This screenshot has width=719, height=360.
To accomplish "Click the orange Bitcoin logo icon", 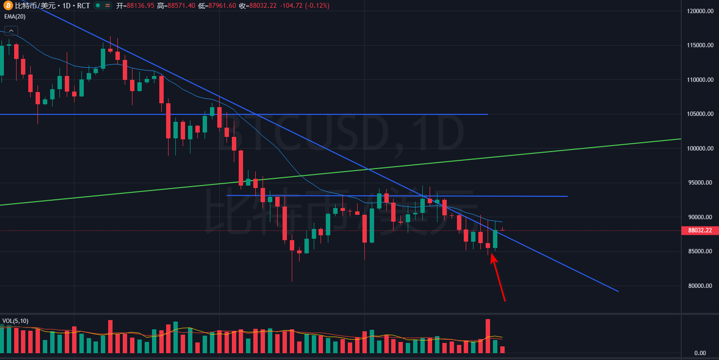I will coord(8,5).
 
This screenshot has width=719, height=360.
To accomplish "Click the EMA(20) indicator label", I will coord(15,17).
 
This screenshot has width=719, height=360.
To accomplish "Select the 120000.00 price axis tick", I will coord(699,11).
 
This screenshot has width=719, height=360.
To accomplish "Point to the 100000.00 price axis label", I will coord(699,149).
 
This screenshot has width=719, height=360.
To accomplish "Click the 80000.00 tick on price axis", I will coord(700,286).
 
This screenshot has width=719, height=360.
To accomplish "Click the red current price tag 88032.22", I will coord(700,230).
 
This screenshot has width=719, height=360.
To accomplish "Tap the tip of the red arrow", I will coord(492,254).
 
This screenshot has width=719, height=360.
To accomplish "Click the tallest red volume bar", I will coord(488,336).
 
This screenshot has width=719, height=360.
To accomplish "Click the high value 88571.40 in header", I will coord(181,5).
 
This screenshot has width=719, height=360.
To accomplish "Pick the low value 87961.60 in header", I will coord(222,5).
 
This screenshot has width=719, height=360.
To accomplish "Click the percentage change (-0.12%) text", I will coord(317,5).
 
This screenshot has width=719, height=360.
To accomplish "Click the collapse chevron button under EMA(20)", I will coord(11,31).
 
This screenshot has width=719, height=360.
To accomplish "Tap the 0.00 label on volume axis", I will coord(700,353).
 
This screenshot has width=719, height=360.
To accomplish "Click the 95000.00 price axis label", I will coord(700,183).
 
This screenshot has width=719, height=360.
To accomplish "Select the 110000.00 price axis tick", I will coord(699,80).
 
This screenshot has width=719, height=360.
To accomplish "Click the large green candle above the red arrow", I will coord(495,239).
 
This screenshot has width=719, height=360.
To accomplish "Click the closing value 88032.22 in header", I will coord(263,5).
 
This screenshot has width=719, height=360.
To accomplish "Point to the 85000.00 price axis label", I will coord(700,251).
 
